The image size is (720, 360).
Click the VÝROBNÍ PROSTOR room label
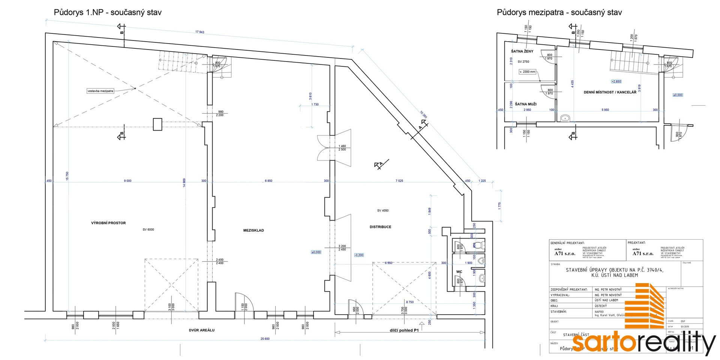[x=108, y=223]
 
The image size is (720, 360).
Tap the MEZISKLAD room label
[x=253, y=231]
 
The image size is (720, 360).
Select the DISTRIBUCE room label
[x=380, y=227]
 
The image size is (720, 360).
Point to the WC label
[x=459, y=272]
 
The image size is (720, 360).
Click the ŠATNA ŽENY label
[x=522, y=51]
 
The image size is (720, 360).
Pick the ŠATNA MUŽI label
[x=525, y=104]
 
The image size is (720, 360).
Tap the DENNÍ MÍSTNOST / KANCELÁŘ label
[x=610, y=92]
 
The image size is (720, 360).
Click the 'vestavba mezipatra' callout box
[x=100, y=91]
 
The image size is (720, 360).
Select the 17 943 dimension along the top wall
[x=199, y=32]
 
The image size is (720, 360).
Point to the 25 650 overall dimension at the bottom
[x=265, y=339]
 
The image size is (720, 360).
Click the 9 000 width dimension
[x=127, y=181]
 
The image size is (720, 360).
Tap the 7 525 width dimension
[x=399, y=181]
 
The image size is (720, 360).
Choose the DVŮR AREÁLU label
[x=202, y=330]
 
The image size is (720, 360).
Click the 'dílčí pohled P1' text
[x=404, y=330]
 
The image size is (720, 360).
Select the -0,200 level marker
[x=359, y=255]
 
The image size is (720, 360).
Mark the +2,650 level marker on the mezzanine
[x=616, y=81]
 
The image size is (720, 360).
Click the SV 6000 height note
[x=148, y=229]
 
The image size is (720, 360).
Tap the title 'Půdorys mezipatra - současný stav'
[x=559, y=12]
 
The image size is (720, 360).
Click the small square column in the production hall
[x=157, y=124]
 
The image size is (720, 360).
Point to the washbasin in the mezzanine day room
[x=565, y=118]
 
